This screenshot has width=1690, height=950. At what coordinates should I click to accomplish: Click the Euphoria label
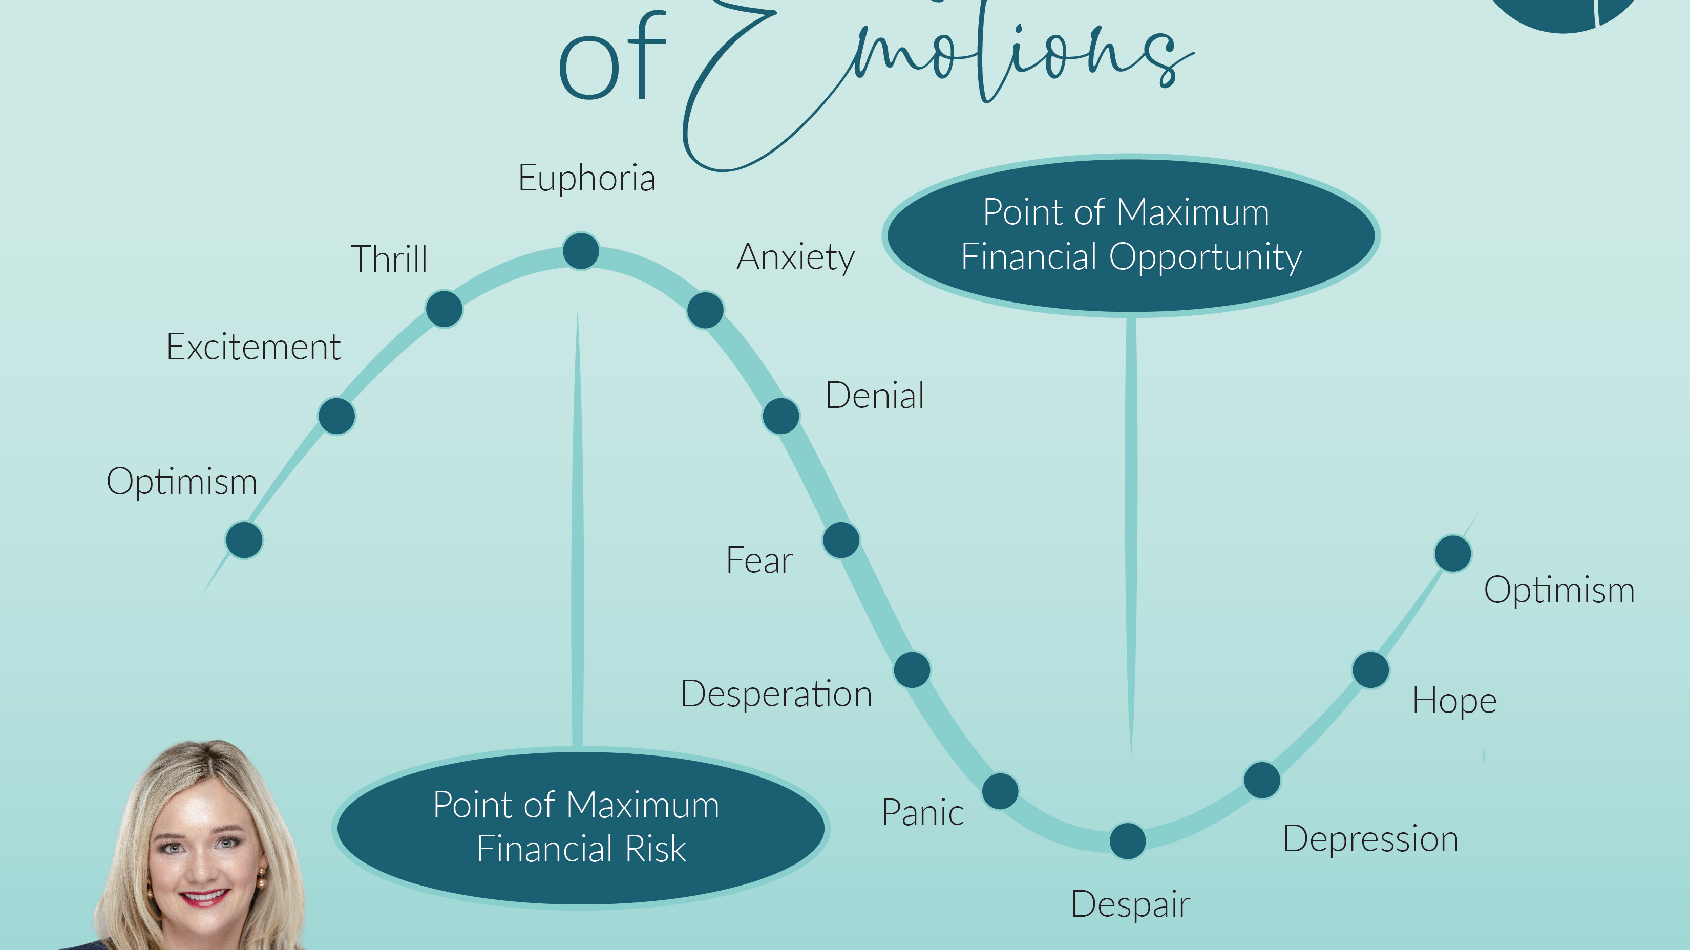point(586,178)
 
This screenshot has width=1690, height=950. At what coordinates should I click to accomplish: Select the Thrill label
point(389,258)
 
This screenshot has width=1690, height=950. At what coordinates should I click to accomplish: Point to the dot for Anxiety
point(705,310)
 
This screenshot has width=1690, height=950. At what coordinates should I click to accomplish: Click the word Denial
point(875,395)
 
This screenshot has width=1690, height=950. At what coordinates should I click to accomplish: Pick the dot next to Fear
point(841,540)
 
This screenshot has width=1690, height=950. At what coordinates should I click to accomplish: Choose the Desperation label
point(776,694)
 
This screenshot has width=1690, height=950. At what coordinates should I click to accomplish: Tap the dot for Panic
point(1000,791)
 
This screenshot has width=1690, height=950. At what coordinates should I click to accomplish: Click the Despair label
point(1130,905)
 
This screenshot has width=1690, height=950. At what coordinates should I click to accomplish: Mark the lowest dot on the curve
point(1127,841)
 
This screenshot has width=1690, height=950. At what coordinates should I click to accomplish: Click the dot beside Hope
point(1370,670)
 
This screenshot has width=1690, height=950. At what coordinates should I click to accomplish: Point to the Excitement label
point(253,347)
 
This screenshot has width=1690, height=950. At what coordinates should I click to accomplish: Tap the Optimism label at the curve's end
point(1559,590)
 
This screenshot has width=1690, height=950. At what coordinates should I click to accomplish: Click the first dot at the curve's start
point(244,540)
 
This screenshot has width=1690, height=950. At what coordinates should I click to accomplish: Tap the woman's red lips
point(204,897)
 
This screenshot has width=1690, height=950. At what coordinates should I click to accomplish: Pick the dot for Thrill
point(444,309)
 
